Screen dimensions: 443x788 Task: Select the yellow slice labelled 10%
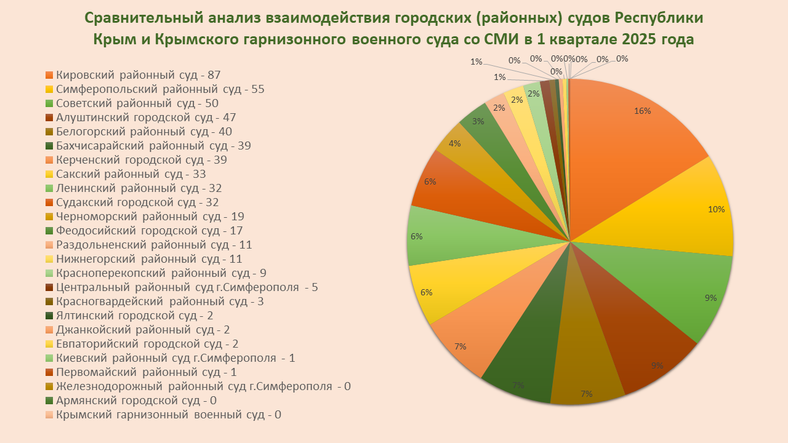tap(677, 215)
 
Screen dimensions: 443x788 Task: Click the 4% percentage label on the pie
tap(455, 143)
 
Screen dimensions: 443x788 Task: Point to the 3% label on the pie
tap(478, 121)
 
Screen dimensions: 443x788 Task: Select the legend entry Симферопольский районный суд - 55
tap(160, 89)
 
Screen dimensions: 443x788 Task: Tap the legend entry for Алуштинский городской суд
tap(145, 118)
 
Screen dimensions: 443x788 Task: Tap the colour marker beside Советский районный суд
tap(49, 103)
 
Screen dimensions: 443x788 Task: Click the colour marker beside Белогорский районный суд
tap(49, 132)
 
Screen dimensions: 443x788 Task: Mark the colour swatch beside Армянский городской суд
tap(49, 401)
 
